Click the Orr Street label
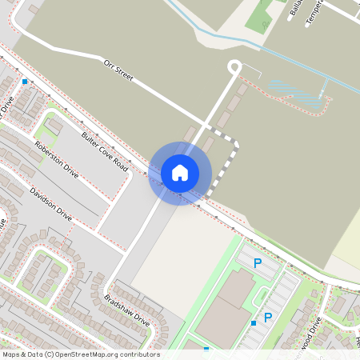pyautogui.click(x=118, y=72)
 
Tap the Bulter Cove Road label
pyautogui.click(x=105, y=150)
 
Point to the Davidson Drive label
pyautogui.click(x=50, y=203)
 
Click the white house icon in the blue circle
pyautogui.click(x=180, y=173)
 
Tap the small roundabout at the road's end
pyautogui.click(x=234, y=67)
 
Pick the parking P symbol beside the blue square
pyautogui.click(x=268, y=318)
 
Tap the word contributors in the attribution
pyautogui.click(x=138, y=354)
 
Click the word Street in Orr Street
pyautogui.click(x=123, y=75)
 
